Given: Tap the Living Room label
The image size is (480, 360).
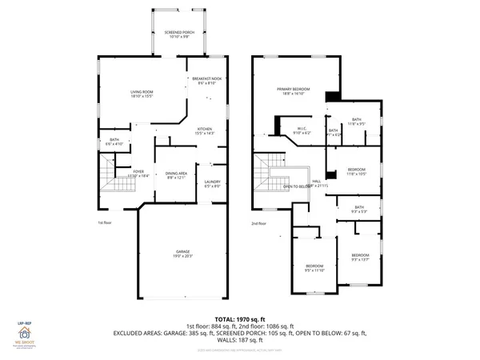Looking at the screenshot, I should pyautogui.click(x=142, y=95).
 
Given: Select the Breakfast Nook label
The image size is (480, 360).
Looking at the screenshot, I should pyautogui.click(x=206, y=81).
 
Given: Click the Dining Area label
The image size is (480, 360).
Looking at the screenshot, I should pyautogui.click(x=176, y=175).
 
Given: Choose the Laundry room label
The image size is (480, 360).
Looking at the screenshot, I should pyautogui.click(x=212, y=184).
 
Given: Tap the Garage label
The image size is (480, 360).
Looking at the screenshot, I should pyautogui.click(x=184, y=255).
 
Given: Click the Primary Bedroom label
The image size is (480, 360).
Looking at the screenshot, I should pyautogui.click(x=293, y=91).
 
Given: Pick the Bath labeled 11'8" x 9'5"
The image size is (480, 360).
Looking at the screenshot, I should pyautogui.click(x=356, y=122).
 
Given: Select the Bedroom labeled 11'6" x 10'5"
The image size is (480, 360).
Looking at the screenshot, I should pyautogui.click(x=356, y=172).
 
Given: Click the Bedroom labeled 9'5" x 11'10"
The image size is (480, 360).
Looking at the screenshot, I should pyautogui.click(x=314, y=269).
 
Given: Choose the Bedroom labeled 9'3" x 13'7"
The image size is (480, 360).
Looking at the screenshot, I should pyautogui.click(x=360, y=258).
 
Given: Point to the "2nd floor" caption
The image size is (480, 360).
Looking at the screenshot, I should pyautogui.click(x=258, y=223).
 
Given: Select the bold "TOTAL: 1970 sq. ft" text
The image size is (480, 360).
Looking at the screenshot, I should pyautogui.click(x=238, y=319).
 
